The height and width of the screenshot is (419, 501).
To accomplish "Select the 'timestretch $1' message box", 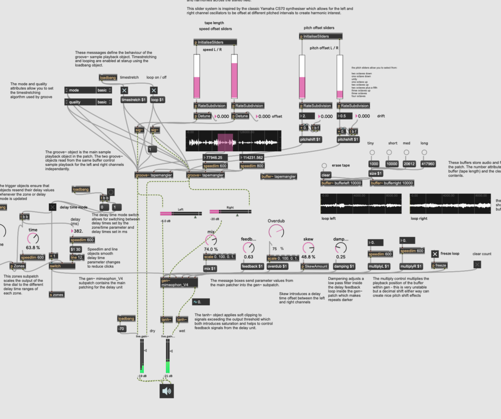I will pos(133,99).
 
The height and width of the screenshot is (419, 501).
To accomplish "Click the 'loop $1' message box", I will pos(157,99).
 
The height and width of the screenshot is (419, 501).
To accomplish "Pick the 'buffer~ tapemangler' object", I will pos(279,176).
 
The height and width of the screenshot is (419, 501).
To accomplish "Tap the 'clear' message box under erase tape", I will pos(326,175).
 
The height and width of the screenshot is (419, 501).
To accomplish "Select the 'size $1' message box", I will pos(376,173).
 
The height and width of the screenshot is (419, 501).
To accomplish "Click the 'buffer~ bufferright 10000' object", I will pos(392,183).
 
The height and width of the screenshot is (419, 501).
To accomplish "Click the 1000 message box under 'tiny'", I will pos(374,164).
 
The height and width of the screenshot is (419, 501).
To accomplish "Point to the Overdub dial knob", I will pos(275,233).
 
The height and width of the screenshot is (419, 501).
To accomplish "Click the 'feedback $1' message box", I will pos(252,266).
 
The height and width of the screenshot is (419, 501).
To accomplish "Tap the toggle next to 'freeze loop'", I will pos(434,254).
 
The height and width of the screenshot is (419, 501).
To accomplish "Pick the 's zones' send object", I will pos(57,295).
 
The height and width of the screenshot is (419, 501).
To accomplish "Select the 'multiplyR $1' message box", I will pos(412,266).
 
